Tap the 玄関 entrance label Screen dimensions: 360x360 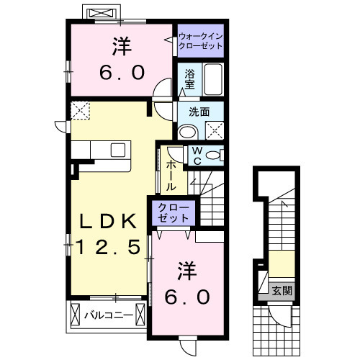pyautogui.click(x=282, y=291)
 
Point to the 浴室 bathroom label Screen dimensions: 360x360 pyautogui.click(x=190, y=78)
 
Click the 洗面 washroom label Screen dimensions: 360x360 pyautogui.click(x=199, y=112)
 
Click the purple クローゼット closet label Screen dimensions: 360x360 pyautogui.click(x=172, y=212)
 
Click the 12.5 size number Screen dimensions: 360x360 pyautogui.click(x=108, y=249)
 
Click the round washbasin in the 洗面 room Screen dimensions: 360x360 pyautogui.click(x=186, y=131)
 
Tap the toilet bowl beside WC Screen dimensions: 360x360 pyautogui.click(x=215, y=155)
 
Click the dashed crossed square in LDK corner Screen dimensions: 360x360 pyautogui.click(x=80, y=110)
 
